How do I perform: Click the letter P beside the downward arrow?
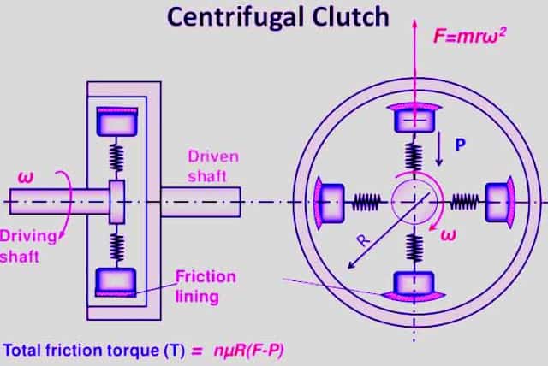[461, 146]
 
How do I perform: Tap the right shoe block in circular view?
[499, 201]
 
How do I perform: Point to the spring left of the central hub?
[366, 201]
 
